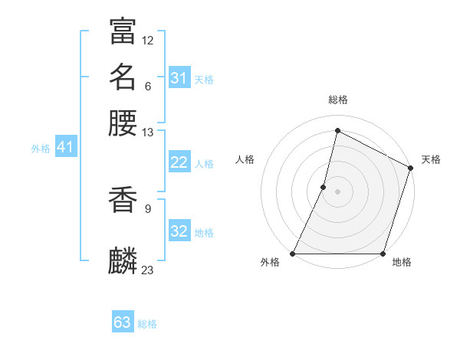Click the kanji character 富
[x=123, y=31]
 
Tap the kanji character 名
[x=123, y=77]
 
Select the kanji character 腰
[x=123, y=123]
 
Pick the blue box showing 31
[x=179, y=78]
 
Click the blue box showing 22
[x=179, y=162]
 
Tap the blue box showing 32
[x=179, y=231]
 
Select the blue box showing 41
[x=64, y=148]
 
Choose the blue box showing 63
[x=122, y=322]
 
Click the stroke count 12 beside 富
[x=148, y=40]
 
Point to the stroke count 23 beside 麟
[x=148, y=269]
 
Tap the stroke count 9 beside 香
[x=148, y=207]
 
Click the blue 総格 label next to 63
[x=148, y=324]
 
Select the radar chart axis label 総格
[x=338, y=100]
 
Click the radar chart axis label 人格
[x=245, y=159]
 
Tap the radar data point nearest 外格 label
[x=293, y=254]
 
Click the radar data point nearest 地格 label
[x=383, y=254]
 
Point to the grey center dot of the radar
[x=338, y=191]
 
